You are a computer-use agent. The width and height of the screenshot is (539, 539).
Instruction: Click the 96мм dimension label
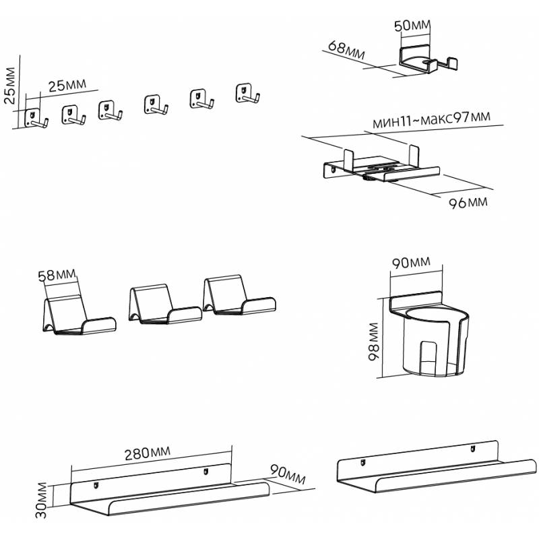[468, 202]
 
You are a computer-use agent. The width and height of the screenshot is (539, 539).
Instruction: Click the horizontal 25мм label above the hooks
[68, 85]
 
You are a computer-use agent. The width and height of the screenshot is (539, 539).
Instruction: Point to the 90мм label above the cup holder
[411, 263]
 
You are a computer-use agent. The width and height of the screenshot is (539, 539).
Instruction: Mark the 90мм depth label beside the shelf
[286, 474]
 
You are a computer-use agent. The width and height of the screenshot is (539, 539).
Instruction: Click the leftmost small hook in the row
[35, 119]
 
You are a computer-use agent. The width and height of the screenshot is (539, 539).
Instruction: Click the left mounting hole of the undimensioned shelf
[362, 462]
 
